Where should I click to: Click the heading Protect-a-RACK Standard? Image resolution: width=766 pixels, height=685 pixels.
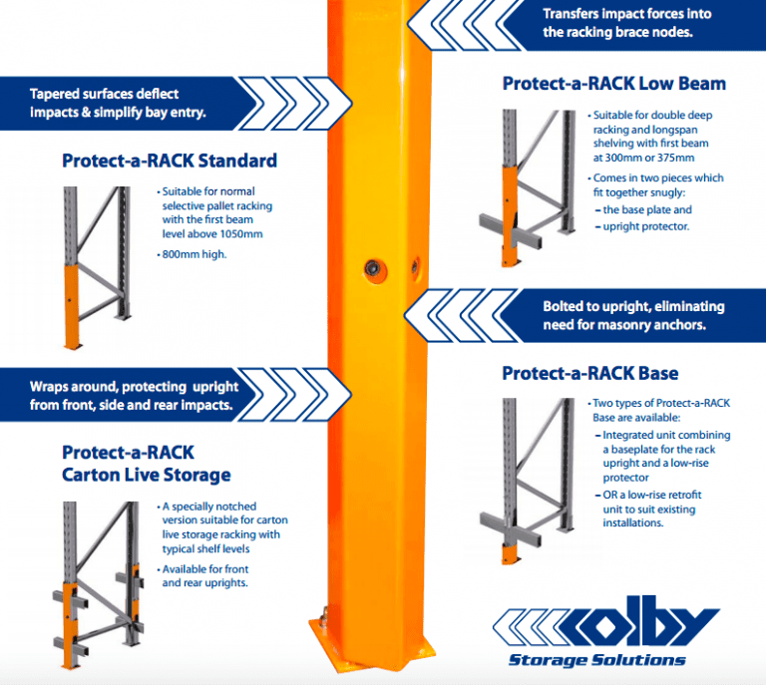click(169, 161)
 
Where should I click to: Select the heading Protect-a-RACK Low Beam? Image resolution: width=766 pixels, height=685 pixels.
click(613, 83)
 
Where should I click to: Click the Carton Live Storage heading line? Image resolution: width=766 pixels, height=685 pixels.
click(146, 474)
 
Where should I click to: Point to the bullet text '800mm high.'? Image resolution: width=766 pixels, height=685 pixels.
click(195, 254)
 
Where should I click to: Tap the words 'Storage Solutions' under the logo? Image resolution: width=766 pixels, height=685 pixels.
click(596, 659)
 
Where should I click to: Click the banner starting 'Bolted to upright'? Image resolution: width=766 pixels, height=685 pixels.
click(633, 307)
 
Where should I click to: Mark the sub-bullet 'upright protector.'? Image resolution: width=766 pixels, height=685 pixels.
click(647, 226)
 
